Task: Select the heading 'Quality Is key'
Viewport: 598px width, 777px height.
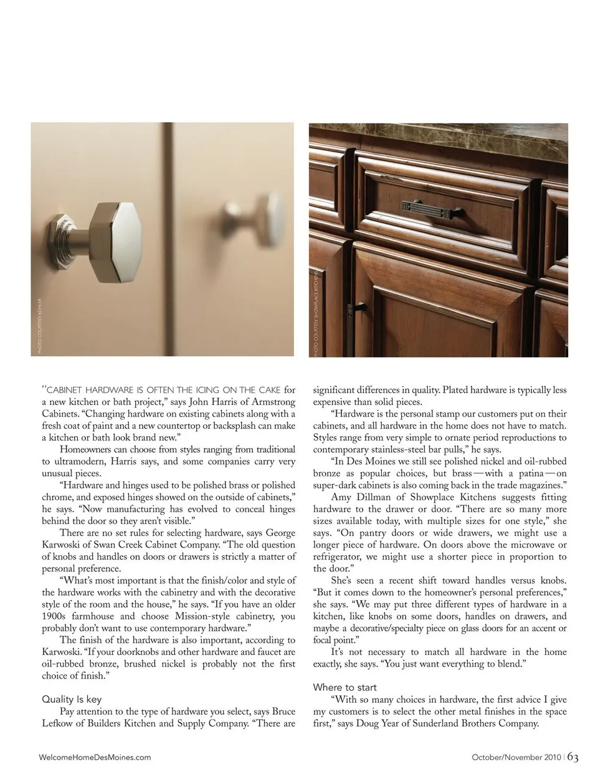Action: click(x=72, y=699)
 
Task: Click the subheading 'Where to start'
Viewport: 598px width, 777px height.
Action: click(x=344, y=687)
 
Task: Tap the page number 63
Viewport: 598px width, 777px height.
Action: click(x=573, y=757)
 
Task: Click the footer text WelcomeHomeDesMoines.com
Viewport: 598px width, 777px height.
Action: click(x=95, y=758)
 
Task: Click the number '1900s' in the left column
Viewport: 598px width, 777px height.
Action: click(x=55, y=616)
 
